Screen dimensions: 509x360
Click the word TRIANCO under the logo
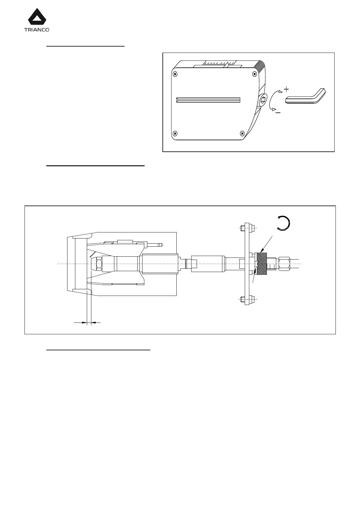pos(36,30)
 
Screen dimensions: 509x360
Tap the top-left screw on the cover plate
pos(175,74)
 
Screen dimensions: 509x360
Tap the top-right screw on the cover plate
pos(255,74)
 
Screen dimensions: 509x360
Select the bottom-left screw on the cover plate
pos(175,133)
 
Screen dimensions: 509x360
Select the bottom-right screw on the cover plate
pos(242,133)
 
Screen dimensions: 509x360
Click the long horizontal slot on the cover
pos(208,100)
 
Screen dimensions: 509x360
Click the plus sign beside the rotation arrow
pos(286,89)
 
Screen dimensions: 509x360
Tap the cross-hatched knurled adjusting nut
pos(262,264)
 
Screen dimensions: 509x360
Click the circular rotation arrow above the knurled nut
pos(284,223)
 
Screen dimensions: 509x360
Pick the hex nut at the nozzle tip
pos(99,264)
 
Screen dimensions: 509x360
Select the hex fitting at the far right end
pos(284,264)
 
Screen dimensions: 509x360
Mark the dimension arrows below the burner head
pos(87,323)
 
